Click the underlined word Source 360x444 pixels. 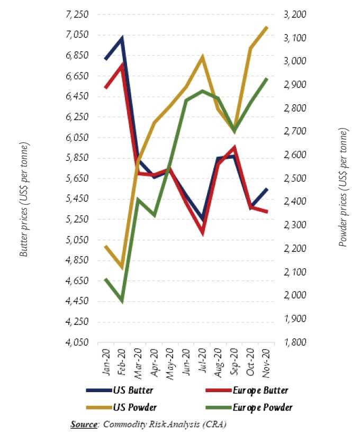[85, 424]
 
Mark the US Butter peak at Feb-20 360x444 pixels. [122, 38]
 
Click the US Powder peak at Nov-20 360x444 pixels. [266, 27]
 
